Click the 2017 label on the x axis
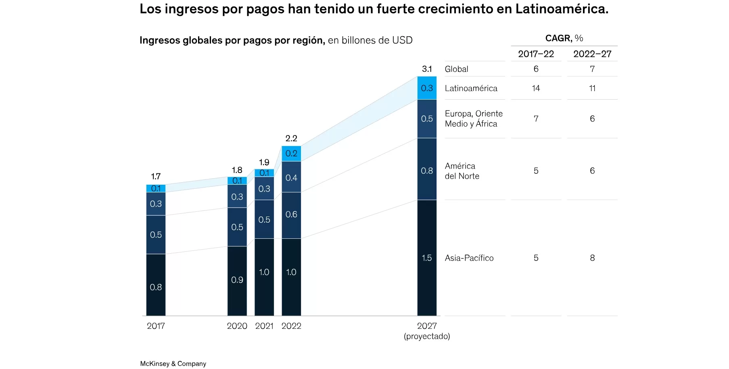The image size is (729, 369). pos(156,326)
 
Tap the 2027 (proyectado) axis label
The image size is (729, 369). pos(427,331)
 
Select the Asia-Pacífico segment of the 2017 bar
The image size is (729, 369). pos(156,285)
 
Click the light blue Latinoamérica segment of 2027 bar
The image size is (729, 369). pos(427,88)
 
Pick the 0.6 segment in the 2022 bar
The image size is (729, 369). pos(291,215)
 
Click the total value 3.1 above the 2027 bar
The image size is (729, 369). pos(427,69)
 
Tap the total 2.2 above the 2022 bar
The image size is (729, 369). pos(291,138)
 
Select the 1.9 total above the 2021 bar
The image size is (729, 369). pos(264,163)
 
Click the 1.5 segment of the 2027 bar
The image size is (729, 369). pos(427,258)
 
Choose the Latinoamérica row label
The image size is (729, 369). pos(471,88)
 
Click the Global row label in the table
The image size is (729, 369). pos(456,69)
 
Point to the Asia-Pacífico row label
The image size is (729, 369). pos(469,258)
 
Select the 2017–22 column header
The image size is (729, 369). pos(536,54)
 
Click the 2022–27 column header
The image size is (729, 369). pos(592,54)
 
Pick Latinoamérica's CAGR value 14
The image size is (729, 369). pos(536,88)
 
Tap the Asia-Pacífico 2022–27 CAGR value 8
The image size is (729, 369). pos(592,258)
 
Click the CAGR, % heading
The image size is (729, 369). pos(564,38)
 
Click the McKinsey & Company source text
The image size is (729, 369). pos(173,364)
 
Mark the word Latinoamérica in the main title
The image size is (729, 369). pos(562,9)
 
